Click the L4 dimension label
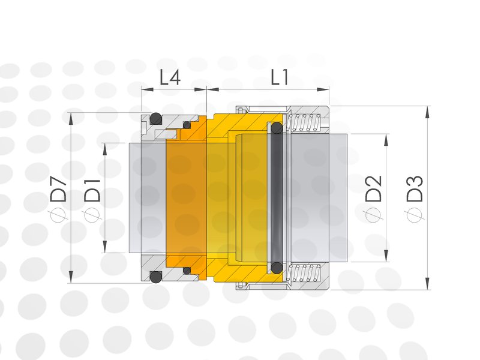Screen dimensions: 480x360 pyautogui.click(x=170, y=77)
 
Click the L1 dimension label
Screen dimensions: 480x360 pyautogui.click(x=280, y=77)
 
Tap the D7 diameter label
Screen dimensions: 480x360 pyautogui.click(x=58, y=190)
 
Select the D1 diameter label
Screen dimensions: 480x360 pyautogui.click(x=92, y=190)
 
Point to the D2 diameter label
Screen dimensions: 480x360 pyautogui.click(x=373, y=188)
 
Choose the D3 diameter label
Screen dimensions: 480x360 pyautogui.click(x=415, y=188)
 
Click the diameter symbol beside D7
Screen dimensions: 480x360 pyautogui.click(x=58, y=212)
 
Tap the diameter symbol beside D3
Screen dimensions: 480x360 pyautogui.click(x=415, y=212)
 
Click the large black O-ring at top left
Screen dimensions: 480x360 pyautogui.click(x=155, y=118)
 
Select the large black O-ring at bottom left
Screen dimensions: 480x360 pyautogui.click(x=155, y=277)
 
